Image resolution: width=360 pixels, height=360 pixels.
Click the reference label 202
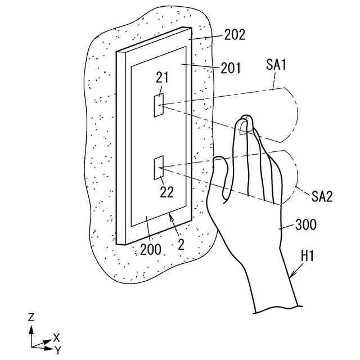pos(235,35)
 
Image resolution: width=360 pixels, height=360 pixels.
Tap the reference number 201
pos(231,69)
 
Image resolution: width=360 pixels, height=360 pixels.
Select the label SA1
pos(277,66)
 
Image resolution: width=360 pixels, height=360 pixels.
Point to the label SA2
pos(322,196)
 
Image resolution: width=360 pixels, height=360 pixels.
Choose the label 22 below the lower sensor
pos(166,192)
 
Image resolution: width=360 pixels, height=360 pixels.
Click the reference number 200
pos(151,249)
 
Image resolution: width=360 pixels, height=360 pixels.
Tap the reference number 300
pos(306,226)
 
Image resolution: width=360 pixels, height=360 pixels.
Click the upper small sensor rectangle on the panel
pos(159,106)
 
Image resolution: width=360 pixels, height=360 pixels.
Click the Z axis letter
pos(31,317)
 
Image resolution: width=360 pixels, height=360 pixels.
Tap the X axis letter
pos(56,337)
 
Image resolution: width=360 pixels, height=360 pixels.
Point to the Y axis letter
pos(57,350)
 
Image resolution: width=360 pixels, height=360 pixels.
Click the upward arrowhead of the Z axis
pos(31,328)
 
